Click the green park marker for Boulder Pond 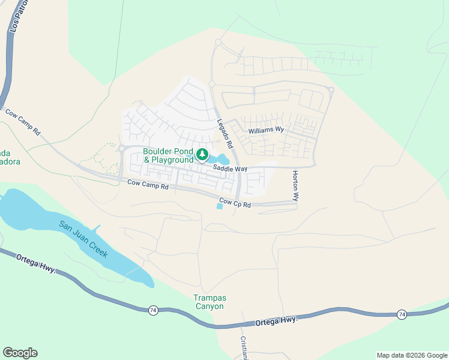[202, 155]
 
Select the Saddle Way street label [232, 169]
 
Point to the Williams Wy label [266, 130]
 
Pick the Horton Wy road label [295, 185]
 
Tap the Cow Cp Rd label [234, 203]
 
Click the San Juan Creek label [83, 239]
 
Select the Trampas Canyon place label [208, 302]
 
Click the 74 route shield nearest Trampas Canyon [154, 310]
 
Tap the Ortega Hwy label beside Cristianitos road [276, 321]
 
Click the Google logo [20, 353]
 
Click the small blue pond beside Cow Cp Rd [219, 206]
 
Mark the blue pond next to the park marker [221, 160]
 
